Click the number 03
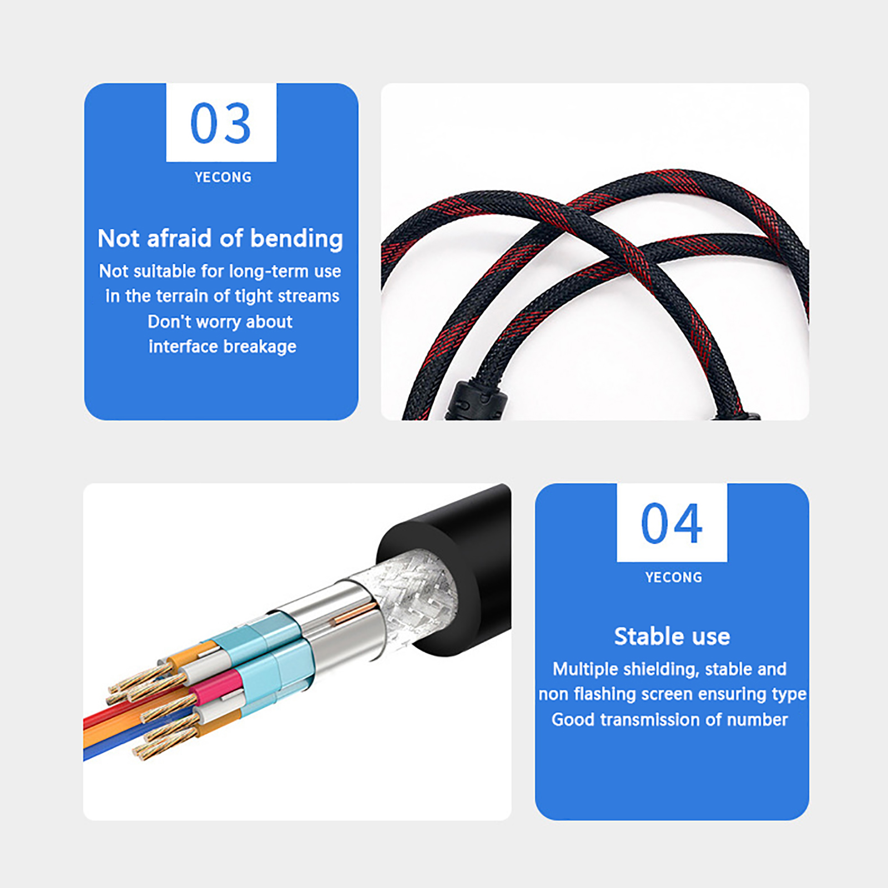[221, 123]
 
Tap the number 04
[672, 523]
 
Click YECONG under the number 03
[223, 177]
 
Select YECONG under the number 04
[673, 577]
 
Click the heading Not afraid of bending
[220, 239]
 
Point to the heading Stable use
[672, 636]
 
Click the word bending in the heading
[297, 239]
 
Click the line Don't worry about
[220, 321]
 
